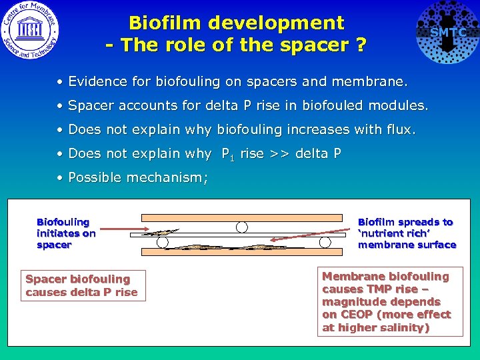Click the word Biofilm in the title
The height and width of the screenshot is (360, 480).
pyautogui.click(x=165, y=23)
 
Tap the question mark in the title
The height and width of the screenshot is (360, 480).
pyautogui.click(x=361, y=46)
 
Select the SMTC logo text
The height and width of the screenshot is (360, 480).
pyautogui.click(x=448, y=32)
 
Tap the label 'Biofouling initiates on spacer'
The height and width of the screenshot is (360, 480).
pyautogui.click(x=66, y=233)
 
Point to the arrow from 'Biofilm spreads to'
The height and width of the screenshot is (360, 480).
pyautogui.click(x=336, y=233)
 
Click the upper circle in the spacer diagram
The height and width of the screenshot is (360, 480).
pyautogui.click(x=242, y=227)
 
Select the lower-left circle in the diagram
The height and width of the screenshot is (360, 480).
pyautogui.click(x=162, y=241)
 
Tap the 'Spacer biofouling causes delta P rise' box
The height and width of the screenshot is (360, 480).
pyautogui.click(x=81, y=285)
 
